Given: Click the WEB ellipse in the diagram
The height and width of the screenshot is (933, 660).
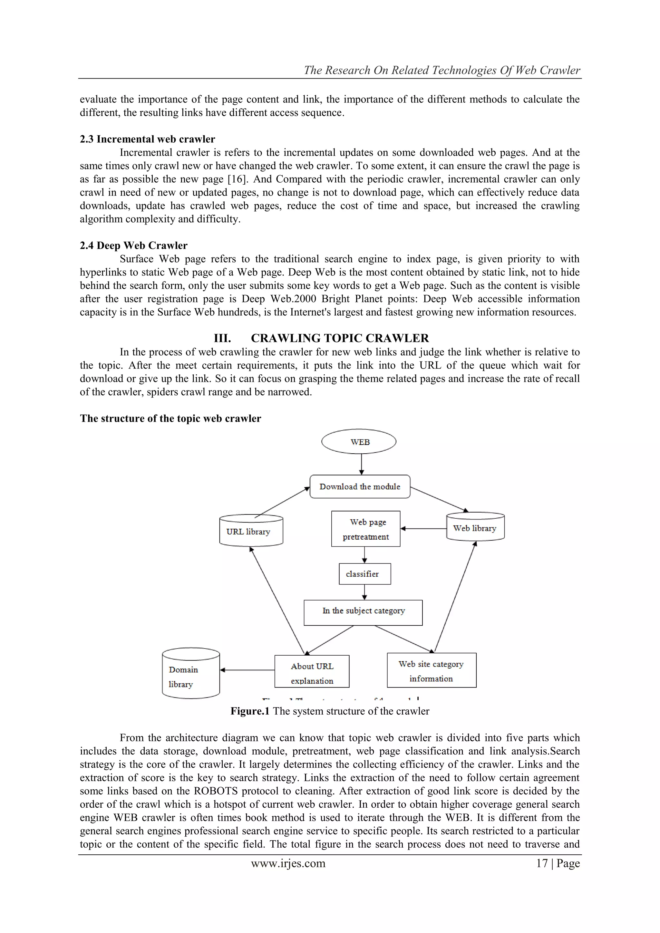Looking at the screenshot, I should [359, 442].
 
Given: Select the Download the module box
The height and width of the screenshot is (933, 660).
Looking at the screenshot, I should [360, 486].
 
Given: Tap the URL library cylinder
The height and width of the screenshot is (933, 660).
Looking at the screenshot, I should [251, 531].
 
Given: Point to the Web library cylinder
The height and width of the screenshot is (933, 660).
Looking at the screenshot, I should [475, 527].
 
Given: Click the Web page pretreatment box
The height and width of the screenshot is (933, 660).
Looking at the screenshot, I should [365, 529].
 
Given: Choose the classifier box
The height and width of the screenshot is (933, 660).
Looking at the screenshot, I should [364, 574].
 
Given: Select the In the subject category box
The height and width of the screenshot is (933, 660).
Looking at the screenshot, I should [363, 612].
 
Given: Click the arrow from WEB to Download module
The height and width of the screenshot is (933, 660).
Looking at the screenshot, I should [362, 464].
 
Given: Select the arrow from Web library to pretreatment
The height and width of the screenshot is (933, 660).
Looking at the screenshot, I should [423, 529].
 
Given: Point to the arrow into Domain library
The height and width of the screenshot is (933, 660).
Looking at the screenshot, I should [247, 670].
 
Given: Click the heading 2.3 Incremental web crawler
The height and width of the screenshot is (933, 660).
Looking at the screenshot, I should [147, 139].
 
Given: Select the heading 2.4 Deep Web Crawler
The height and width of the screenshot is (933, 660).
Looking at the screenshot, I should [133, 245].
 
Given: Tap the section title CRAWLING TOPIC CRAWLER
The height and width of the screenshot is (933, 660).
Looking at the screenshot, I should [340, 338].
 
